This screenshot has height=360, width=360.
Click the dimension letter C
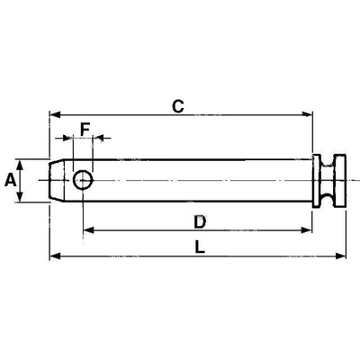pos(178,106)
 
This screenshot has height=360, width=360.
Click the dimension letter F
pos(85,130)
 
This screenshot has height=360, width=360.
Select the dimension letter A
pos(11,181)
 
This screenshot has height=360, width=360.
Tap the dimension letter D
pos(200,222)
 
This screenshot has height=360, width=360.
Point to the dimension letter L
pos(200,247)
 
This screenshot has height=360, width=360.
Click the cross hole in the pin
pos(83,180)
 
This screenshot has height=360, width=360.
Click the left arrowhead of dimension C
pos(55,114)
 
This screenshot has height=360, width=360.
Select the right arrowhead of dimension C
pos(307,114)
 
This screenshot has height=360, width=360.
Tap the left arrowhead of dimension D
pos(89,230)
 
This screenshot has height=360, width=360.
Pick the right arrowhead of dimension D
pos(307,230)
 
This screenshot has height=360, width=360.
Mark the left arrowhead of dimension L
pos(55,256)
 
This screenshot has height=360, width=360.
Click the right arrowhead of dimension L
pos(340,256)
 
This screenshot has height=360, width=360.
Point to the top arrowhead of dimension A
pos(20,165)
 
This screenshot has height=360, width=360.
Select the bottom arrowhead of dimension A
pos(20,196)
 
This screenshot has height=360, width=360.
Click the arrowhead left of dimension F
pos(67,138)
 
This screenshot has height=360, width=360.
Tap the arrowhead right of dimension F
pos(98,138)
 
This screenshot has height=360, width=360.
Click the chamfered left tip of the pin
pos(57,180)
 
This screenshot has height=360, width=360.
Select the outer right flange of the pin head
pos(340,181)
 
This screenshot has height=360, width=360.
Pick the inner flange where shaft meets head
pos(316,181)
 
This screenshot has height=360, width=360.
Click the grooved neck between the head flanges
pos(327,181)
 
